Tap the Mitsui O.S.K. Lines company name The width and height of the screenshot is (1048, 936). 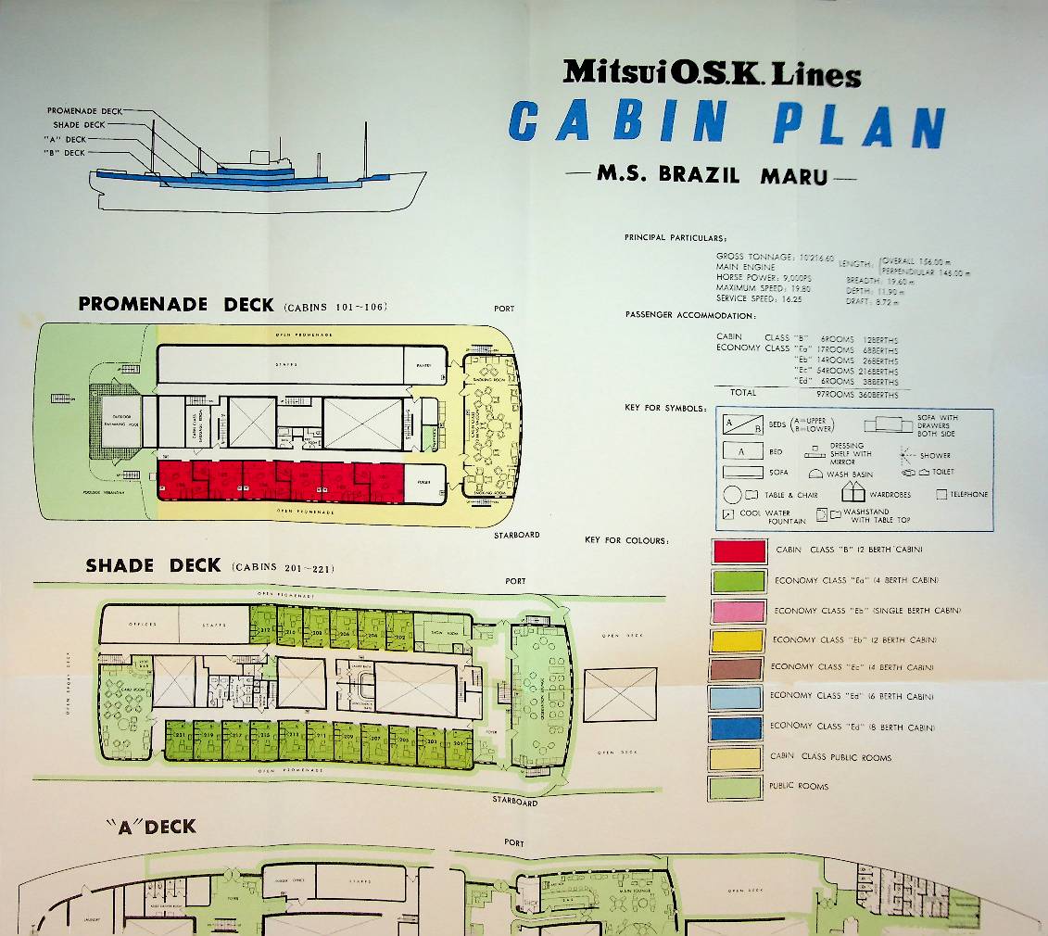pyautogui.click(x=712, y=72)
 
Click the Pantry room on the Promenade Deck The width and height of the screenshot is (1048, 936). pyautogui.click(x=424, y=365)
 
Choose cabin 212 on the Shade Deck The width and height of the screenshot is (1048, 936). pyautogui.click(x=262, y=630)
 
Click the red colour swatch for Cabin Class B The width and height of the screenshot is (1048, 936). pyautogui.click(x=739, y=551)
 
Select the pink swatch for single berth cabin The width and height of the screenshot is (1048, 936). pyautogui.click(x=739, y=612)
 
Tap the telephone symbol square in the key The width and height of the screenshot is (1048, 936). pyautogui.click(x=941, y=495)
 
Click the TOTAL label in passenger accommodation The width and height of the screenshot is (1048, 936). pyautogui.click(x=743, y=393)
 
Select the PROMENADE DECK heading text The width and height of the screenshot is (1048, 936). pyautogui.click(x=176, y=304)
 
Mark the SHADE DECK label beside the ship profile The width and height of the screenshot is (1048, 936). pyautogui.click(x=79, y=124)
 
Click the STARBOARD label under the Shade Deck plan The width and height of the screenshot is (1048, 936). pyautogui.click(x=514, y=802)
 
